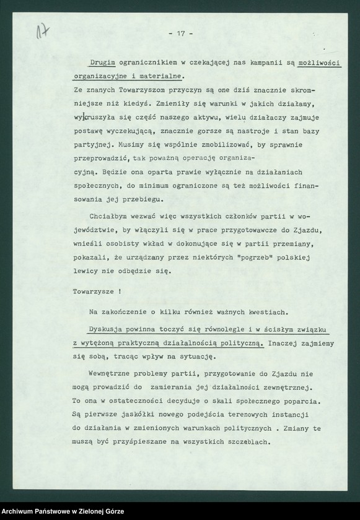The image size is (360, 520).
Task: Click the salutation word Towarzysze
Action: click(x=92, y=289)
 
